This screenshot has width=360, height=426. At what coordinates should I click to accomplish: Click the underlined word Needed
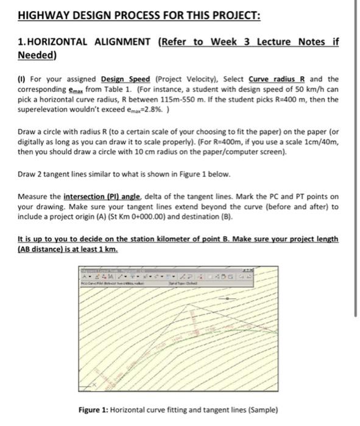36,55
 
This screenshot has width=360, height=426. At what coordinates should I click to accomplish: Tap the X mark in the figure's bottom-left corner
94,385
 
